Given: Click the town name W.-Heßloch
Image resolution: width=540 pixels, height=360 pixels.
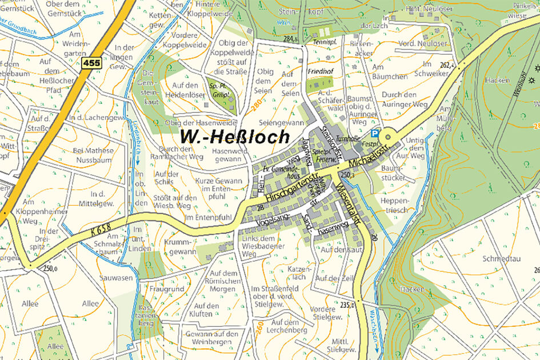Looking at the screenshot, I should (x=234, y=136).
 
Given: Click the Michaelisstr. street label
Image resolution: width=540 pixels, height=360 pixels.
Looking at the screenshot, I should (x=373, y=155).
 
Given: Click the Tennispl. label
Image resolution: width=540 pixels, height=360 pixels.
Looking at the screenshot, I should (x=323, y=43).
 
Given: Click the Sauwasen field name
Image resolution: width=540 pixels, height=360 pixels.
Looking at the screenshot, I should (x=118, y=278).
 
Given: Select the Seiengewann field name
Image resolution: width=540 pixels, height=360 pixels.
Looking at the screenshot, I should (x=281, y=122).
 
